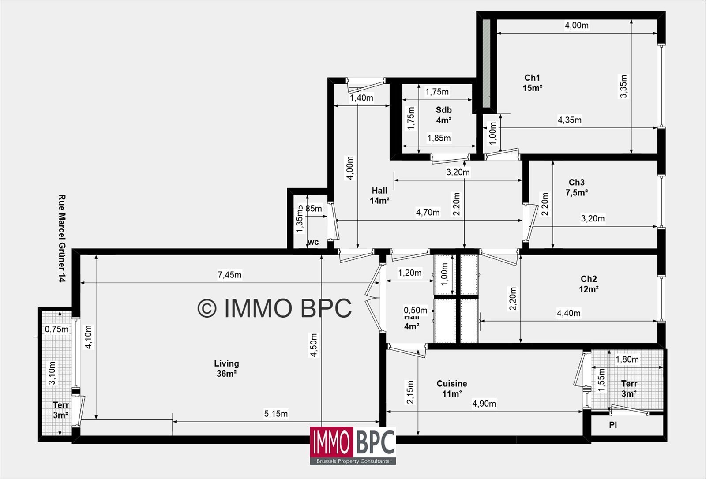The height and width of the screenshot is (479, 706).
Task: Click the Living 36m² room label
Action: coord(226,368)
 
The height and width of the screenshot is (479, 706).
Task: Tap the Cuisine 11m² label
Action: coord(452,389)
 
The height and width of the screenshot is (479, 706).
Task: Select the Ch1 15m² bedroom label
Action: coord(532,83)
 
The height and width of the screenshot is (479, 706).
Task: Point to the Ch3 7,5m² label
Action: coord(576,187)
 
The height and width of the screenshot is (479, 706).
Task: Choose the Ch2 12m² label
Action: coord(589,284)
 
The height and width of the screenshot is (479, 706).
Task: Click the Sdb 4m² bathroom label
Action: coord(443,115)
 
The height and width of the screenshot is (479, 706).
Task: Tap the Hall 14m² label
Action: coord(379,195)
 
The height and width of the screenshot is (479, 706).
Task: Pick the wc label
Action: coord(313,242)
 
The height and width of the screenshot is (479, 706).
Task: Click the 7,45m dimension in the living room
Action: coord(229,275)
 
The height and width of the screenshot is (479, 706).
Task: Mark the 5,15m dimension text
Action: coord(276,414)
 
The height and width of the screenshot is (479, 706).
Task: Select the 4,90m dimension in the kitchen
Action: coord(484,404)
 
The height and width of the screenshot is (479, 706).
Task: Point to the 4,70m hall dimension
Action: coord(428,213)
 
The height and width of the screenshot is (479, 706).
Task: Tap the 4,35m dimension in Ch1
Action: coord(569,120)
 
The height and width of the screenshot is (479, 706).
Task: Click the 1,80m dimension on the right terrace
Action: coord(627,359)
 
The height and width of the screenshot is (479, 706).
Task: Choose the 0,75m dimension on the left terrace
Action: coord(56,329)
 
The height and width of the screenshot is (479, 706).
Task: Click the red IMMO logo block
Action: coord(331,442)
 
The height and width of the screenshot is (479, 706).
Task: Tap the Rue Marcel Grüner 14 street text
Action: coord(62,238)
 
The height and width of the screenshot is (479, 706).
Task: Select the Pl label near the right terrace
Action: coord(613,425)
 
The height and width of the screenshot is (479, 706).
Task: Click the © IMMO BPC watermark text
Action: coord(274,308)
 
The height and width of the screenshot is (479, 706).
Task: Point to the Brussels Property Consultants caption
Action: coord(353,461)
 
